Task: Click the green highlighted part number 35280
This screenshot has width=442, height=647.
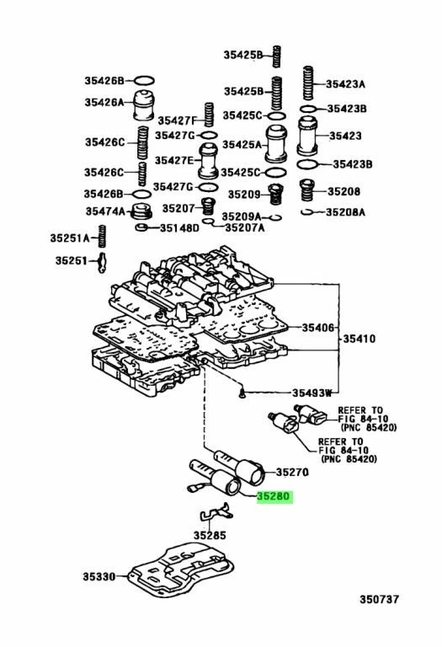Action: [272, 498]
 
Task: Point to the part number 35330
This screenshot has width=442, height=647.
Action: [100, 577]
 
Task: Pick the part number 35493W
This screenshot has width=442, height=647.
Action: [312, 393]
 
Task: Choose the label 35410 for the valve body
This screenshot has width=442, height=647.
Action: [359, 340]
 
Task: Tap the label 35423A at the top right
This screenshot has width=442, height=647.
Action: [346, 84]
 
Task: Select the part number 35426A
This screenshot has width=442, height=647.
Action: [104, 103]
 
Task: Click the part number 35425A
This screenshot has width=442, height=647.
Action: [242, 145]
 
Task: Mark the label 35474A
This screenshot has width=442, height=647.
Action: [104, 211]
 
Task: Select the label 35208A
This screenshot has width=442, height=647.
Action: [346, 212]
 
